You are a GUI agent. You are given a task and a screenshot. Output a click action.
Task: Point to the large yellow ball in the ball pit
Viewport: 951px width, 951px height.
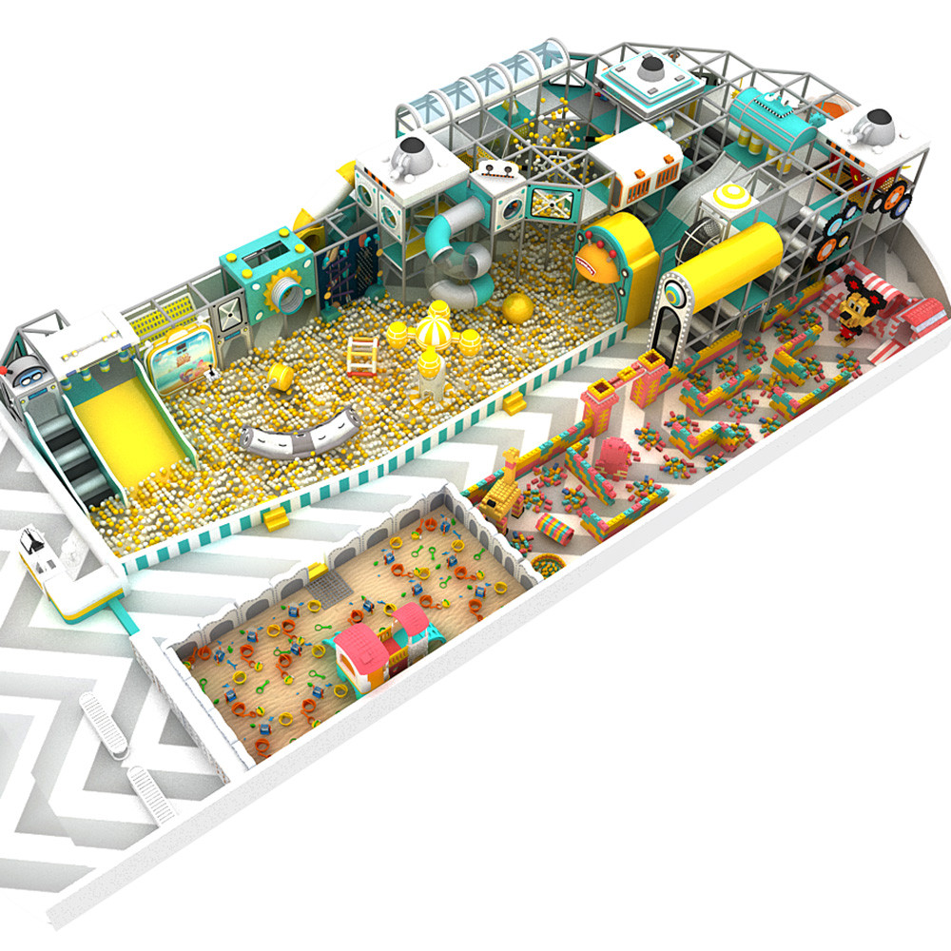[518, 308]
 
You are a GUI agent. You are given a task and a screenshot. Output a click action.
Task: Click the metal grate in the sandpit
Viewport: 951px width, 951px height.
[320, 579]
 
